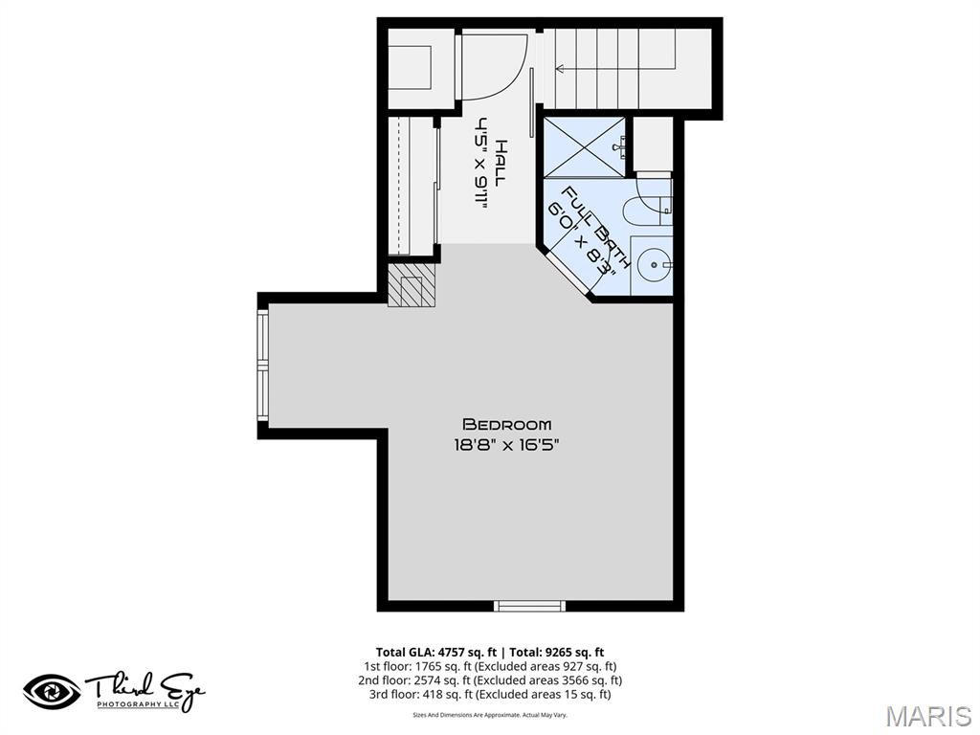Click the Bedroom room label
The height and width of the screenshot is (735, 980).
tap(506, 424)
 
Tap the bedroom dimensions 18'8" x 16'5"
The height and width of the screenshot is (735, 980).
tap(506, 444)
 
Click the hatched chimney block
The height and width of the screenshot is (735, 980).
tap(412, 285)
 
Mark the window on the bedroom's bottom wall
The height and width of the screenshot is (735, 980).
tap(529, 605)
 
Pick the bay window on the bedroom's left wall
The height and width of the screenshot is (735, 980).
tap(263, 365)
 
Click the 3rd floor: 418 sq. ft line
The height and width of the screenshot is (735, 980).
tap(489, 694)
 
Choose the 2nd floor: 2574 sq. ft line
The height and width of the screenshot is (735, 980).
tap(489, 680)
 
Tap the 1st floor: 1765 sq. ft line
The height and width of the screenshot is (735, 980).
tap(489, 666)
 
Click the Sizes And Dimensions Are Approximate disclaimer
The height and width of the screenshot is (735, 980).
tap(489, 715)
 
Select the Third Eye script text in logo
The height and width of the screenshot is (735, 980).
tap(144, 687)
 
